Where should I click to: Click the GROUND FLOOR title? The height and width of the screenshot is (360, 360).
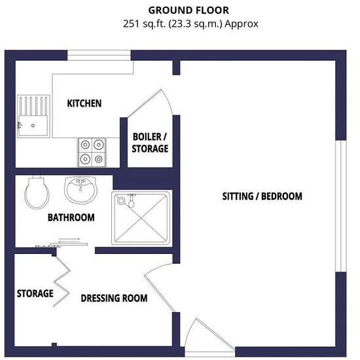(x=189, y=10)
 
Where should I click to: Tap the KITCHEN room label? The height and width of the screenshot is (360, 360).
(x=84, y=103)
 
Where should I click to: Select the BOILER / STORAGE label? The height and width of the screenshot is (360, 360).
(x=150, y=143)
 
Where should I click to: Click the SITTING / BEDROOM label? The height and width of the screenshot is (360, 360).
(x=262, y=196)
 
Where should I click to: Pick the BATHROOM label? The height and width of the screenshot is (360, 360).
(x=71, y=217)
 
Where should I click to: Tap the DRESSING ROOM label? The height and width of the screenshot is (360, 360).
(x=114, y=298)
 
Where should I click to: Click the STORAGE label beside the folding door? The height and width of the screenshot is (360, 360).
(x=35, y=293)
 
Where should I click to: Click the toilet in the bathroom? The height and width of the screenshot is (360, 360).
(x=37, y=192)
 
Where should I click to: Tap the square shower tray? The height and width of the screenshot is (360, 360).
(x=141, y=218)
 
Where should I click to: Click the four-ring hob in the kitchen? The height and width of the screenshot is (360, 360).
(x=92, y=153)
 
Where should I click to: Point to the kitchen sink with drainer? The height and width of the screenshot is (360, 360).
(x=33, y=116)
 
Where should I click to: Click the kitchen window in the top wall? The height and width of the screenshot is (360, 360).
(x=99, y=56)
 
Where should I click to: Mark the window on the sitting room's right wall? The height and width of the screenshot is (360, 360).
(x=341, y=206)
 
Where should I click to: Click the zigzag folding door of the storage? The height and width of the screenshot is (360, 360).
(x=62, y=281)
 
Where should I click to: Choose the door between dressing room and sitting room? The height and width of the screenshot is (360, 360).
(x=159, y=288)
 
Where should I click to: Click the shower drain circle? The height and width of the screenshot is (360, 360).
(x=121, y=201)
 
